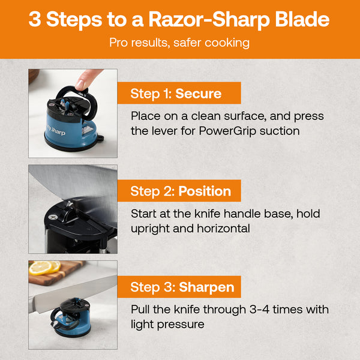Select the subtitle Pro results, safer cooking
179,43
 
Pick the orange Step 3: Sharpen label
183,287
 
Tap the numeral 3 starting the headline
35,20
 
